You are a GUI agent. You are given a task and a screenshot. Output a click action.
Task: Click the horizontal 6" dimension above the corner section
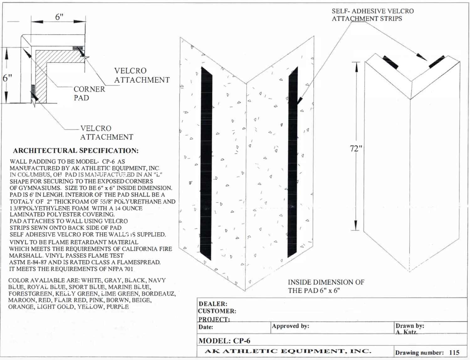pos(59,17)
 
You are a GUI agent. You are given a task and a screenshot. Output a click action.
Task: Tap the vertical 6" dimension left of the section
pos(7,78)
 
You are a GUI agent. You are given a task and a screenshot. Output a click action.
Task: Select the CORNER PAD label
pos(89,93)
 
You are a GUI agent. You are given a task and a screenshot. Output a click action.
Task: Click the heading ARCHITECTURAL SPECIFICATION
pos(76,151)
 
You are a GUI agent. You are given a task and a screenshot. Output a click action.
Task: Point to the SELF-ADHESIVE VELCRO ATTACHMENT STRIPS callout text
pos(373,15)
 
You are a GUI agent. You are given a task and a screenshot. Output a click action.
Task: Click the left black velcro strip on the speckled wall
pos(206,163)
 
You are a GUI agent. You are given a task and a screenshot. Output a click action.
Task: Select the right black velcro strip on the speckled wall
pos(293,163)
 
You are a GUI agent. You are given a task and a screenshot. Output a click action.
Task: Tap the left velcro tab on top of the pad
pos(390,62)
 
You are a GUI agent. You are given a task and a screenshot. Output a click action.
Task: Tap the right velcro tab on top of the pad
pos(436,62)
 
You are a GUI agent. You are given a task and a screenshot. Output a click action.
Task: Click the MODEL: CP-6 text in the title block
pos(224,341)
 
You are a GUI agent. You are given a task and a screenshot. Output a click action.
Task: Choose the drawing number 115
pos(454,352)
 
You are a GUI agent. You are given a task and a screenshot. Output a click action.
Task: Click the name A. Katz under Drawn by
pos(406,332)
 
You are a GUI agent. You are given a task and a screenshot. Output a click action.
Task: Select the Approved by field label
pos(290,326)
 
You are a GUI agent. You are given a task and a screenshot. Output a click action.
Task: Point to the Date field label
pos(206,327)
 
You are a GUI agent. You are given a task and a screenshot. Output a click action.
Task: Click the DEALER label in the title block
pos(213,304)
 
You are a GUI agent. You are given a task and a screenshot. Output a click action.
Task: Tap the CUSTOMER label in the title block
pos(217,311)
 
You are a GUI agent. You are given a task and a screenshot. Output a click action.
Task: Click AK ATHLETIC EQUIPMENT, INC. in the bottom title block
pos(288,351)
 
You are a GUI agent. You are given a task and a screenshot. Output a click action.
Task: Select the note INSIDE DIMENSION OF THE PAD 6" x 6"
pos(326,286)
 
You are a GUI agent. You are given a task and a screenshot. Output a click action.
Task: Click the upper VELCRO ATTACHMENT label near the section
pos(142,75)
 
